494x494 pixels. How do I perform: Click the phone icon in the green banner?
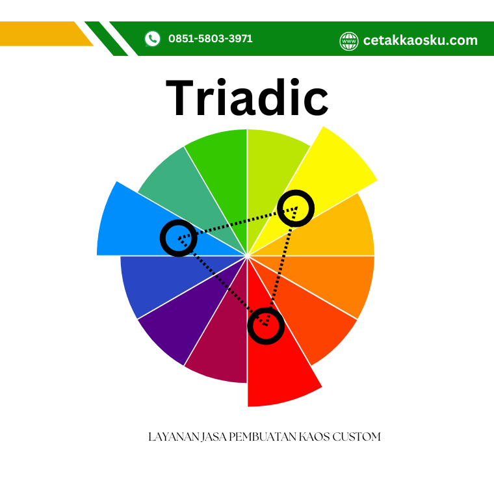click(153, 39)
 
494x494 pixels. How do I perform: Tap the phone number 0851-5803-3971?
click(211, 39)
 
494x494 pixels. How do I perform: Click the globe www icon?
click(349, 41)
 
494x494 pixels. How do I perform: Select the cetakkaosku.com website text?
click(421, 40)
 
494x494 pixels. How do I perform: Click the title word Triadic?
click(247, 97)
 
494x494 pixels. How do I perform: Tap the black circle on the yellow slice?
click(296, 208)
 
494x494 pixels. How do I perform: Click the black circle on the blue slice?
click(179, 238)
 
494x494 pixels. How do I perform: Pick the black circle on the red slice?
click(266, 326)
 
